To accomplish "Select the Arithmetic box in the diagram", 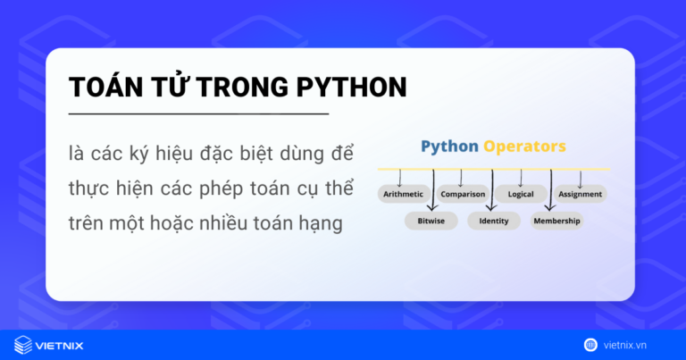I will (403, 194).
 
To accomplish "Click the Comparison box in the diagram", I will (462, 194).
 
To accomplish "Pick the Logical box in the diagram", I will (521, 194).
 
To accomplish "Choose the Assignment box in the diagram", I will (580, 194).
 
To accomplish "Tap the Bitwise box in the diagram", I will (431, 221).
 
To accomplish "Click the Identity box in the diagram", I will (493, 221).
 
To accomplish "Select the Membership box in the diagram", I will (556, 221).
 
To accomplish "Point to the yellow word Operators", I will (524, 147).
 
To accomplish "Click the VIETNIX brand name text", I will (63, 344).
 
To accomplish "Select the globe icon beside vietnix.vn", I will (590, 344).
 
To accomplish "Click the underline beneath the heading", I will (198, 114).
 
